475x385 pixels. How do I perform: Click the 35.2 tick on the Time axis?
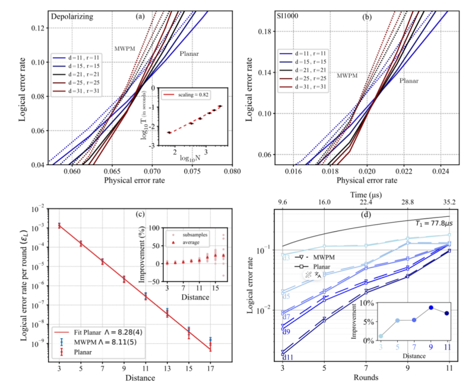pyautogui.click(x=449, y=204)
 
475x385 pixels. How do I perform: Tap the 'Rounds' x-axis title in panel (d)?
pyautogui.click(x=366, y=377)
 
